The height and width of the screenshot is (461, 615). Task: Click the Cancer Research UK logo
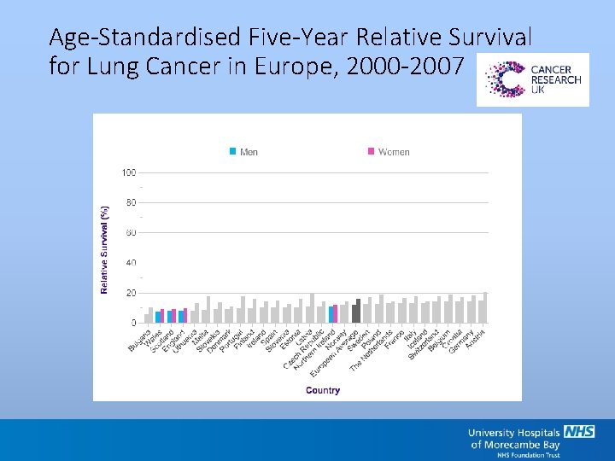[532, 79]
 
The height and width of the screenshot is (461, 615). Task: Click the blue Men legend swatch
[232, 151]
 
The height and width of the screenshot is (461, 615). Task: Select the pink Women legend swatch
[371, 151]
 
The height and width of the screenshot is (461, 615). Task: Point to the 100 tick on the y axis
[129, 172]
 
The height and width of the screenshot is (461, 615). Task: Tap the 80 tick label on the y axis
[131, 203]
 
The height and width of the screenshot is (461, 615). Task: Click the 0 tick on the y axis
[133, 323]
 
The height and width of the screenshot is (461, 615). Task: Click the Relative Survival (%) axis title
[104, 248]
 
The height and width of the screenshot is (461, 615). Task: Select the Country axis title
[323, 390]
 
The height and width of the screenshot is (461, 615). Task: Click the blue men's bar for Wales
[158, 317]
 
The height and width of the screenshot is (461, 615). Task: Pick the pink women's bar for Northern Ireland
[336, 314]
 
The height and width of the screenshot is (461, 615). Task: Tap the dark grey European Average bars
[356, 312]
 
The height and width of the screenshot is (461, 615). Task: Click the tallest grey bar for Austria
[485, 308]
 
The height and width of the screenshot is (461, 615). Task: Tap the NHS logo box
[579, 432]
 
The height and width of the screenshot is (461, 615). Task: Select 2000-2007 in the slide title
[418, 66]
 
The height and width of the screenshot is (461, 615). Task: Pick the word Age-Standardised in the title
[144, 38]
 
